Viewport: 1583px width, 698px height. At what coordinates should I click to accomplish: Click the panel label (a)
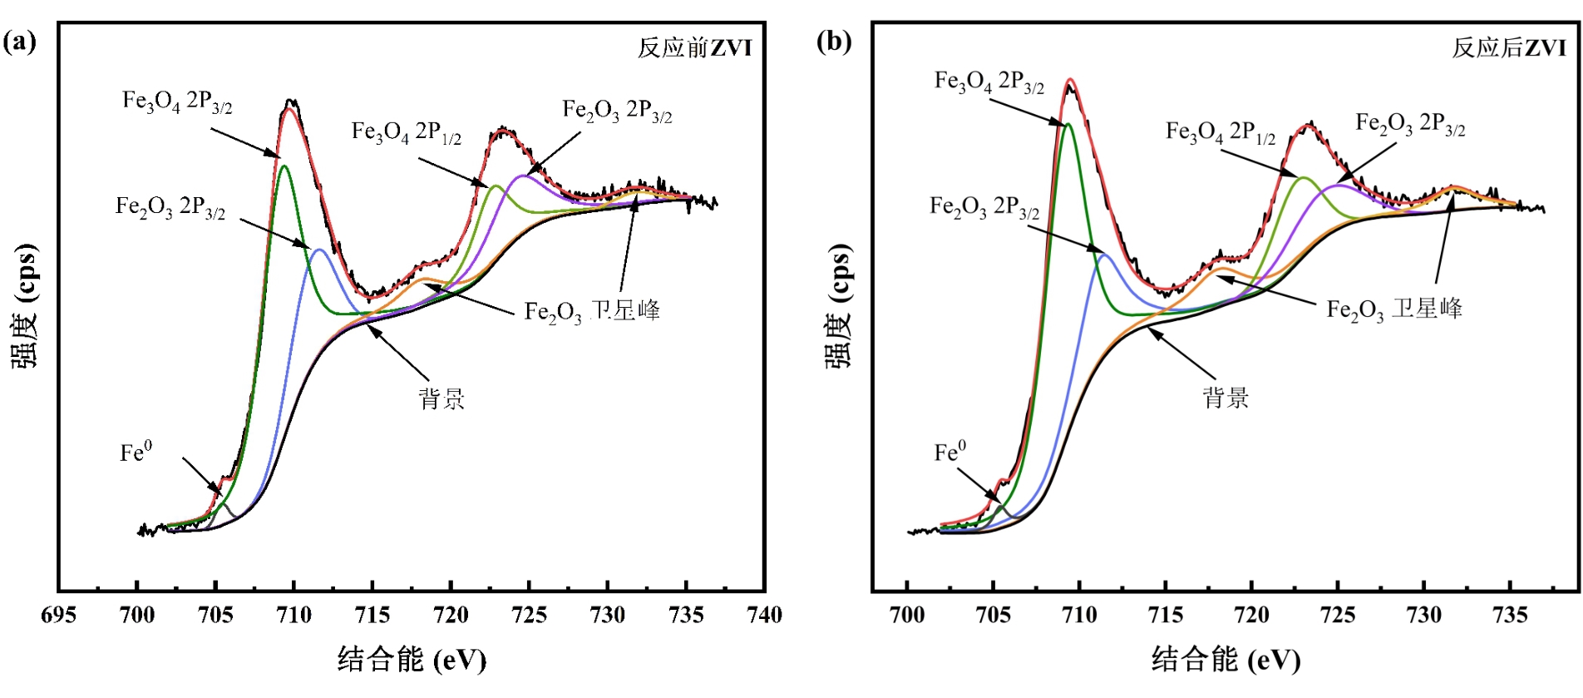[19, 42]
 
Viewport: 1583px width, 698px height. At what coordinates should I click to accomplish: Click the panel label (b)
[834, 41]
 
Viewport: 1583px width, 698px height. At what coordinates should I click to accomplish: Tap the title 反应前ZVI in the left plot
[694, 48]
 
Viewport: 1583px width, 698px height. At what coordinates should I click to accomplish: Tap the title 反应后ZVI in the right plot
[1508, 48]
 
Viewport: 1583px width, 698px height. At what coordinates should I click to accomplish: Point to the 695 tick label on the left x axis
[58, 616]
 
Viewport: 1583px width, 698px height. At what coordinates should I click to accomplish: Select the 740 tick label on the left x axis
[764, 616]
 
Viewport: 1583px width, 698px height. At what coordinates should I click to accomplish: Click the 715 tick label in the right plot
[1165, 616]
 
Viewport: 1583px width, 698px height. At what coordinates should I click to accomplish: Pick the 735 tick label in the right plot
[1510, 616]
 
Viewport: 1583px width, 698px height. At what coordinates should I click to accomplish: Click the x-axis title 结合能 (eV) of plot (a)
[412, 660]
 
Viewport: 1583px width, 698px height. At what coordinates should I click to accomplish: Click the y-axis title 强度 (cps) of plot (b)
[839, 306]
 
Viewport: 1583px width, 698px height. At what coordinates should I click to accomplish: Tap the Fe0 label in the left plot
[136, 453]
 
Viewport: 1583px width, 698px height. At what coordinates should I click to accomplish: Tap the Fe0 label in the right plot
[949, 452]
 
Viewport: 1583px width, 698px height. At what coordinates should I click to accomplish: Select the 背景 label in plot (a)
[441, 399]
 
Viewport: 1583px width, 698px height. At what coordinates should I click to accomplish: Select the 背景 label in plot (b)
[1225, 398]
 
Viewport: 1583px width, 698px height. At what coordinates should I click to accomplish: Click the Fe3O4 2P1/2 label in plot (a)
[406, 132]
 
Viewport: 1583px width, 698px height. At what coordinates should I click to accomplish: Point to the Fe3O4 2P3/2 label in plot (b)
[989, 82]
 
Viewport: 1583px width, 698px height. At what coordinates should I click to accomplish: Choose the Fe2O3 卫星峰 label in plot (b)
[1394, 309]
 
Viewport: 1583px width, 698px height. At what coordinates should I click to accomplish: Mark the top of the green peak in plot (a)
[284, 166]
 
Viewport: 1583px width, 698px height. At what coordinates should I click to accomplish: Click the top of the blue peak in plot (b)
[1104, 255]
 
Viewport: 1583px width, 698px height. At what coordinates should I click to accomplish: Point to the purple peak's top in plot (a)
[522, 176]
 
